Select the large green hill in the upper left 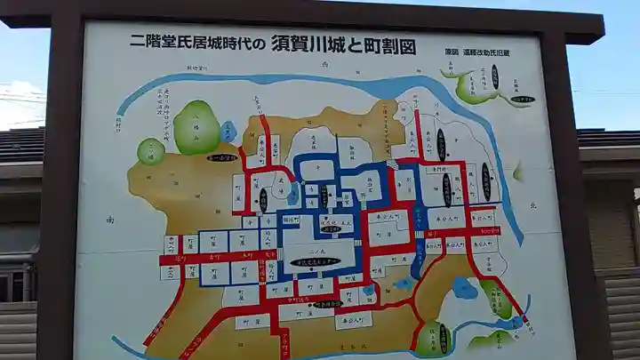[196, 128]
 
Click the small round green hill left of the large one [150, 151]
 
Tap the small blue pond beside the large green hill [228, 132]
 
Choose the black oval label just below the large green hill [221, 157]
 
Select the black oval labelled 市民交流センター [315, 262]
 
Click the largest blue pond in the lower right [464, 288]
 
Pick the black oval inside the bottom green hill [443, 339]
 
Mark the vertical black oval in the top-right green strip [494, 76]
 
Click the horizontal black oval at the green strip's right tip [523, 100]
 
